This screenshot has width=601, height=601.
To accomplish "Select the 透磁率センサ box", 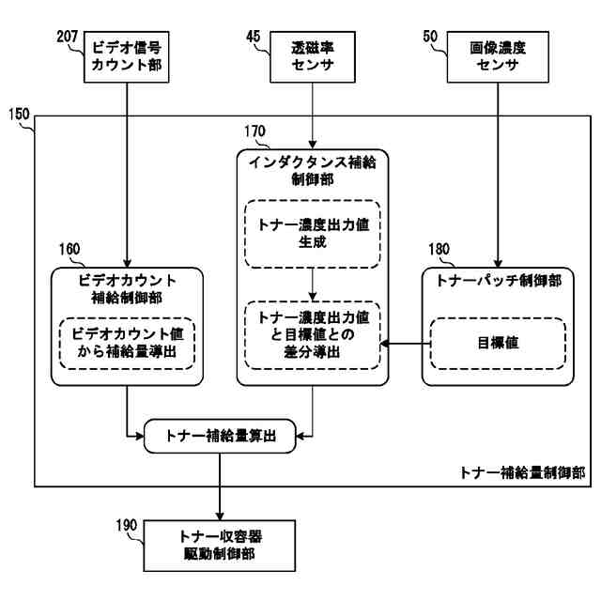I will click(311, 54).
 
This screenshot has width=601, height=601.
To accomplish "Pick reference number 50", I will click(430, 38).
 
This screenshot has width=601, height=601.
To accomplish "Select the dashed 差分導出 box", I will click(311, 334).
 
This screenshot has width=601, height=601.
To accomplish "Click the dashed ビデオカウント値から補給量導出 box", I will click(126, 345).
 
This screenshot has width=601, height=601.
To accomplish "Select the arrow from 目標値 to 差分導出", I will click(405, 345).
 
